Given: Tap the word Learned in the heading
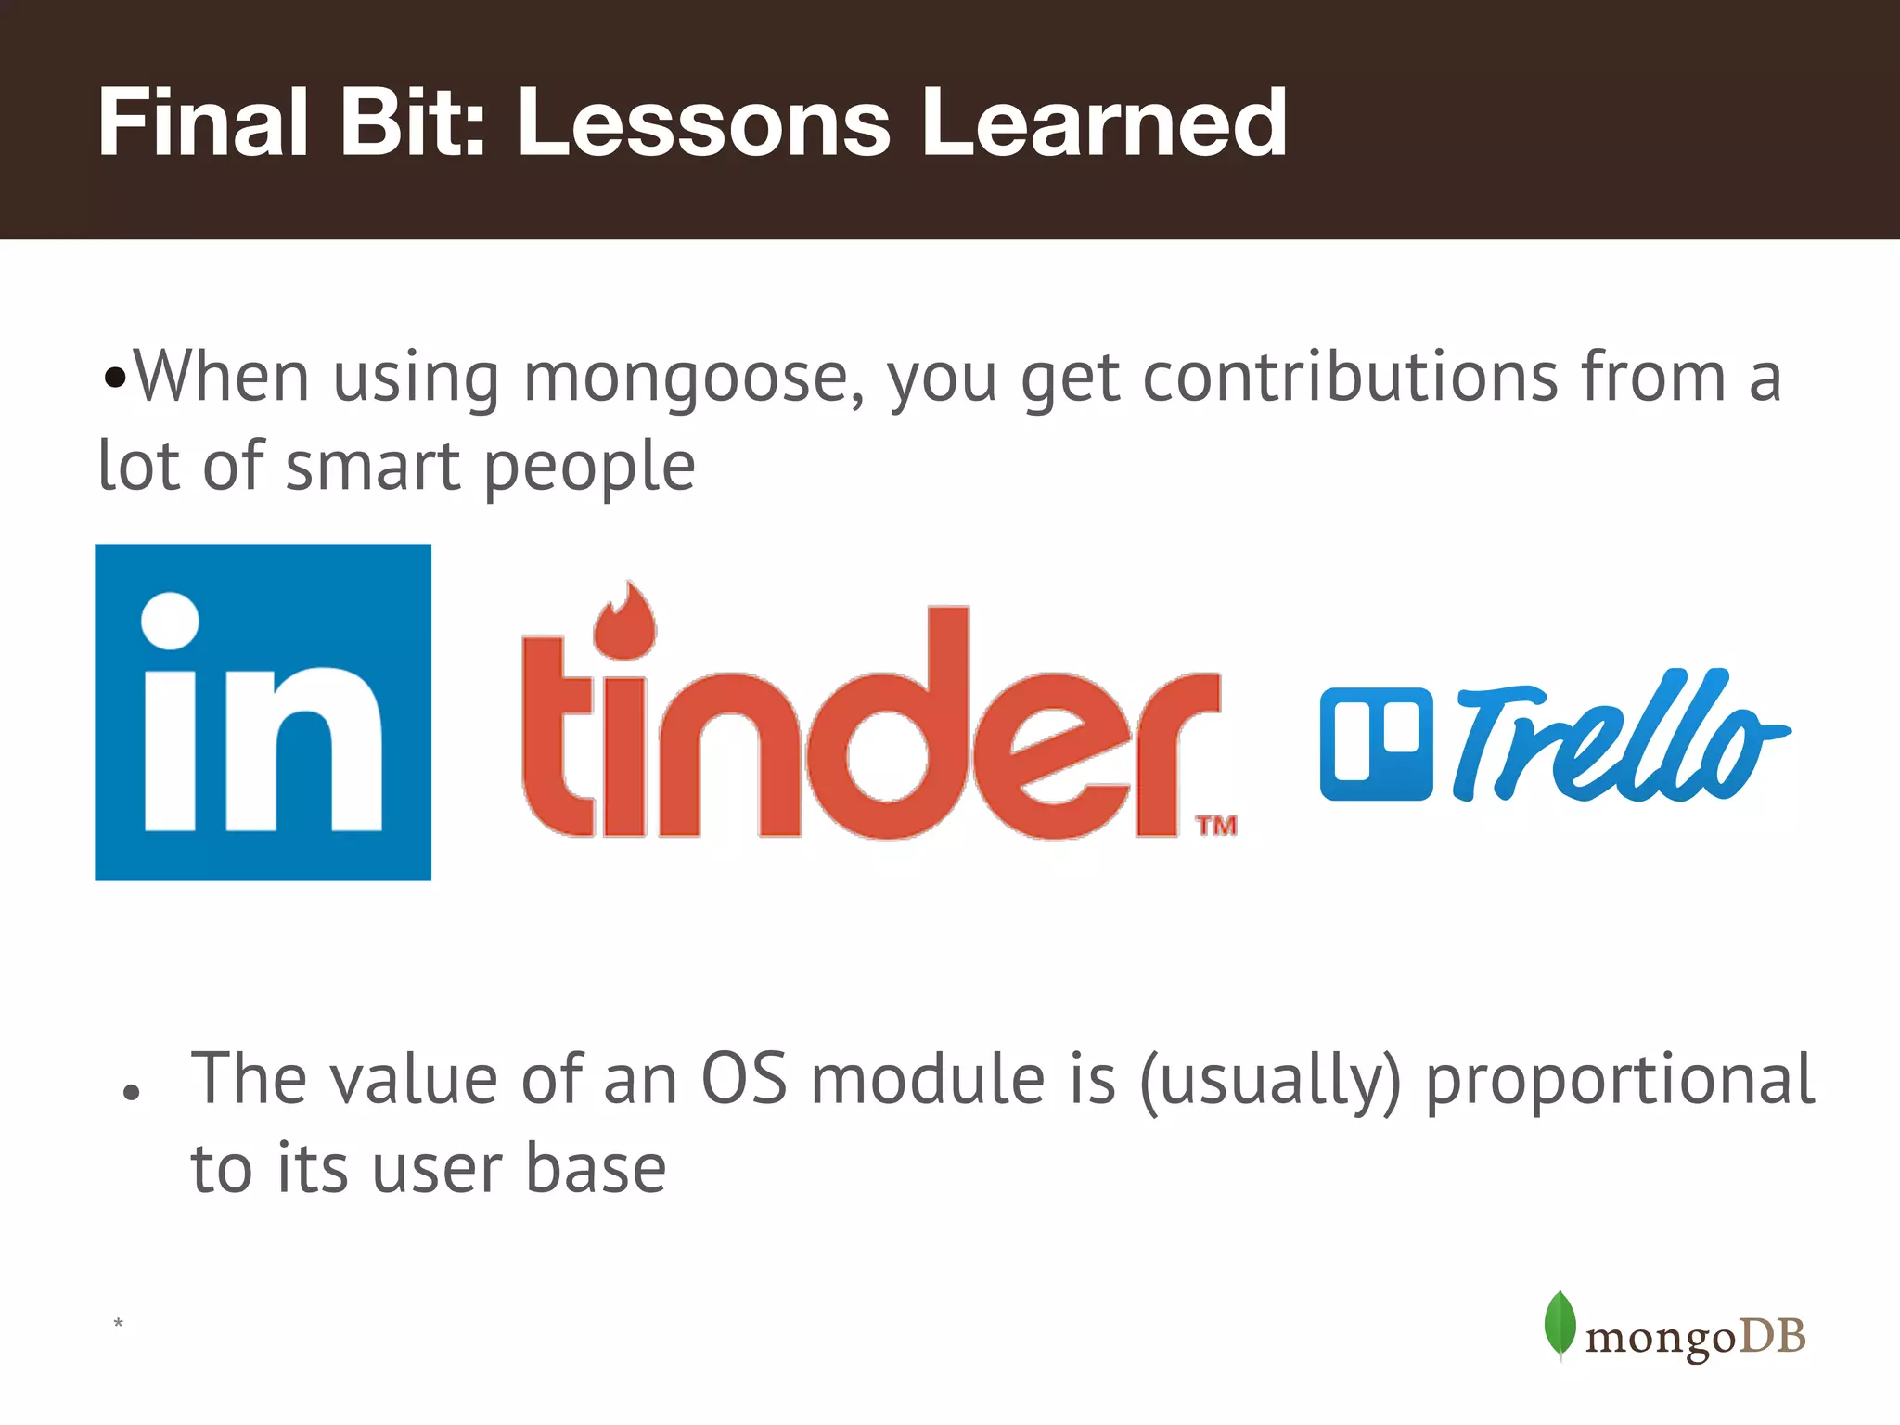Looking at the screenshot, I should (x=1103, y=122).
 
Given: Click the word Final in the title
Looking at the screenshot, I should (x=202, y=122).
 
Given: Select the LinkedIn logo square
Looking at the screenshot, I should (x=263, y=712).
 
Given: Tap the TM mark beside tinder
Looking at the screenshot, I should (x=1215, y=825).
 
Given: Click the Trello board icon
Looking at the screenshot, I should (x=1376, y=743).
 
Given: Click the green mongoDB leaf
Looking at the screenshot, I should (x=1560, y=1324).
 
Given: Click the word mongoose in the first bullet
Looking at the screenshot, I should (x=694, y=379).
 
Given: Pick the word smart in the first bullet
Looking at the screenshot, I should (x=373, y=466).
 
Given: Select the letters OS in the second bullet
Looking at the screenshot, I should (x=743, y=1079).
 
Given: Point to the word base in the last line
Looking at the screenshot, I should (x=596, y=1168).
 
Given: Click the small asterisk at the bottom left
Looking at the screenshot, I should (x=118, y=1323).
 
